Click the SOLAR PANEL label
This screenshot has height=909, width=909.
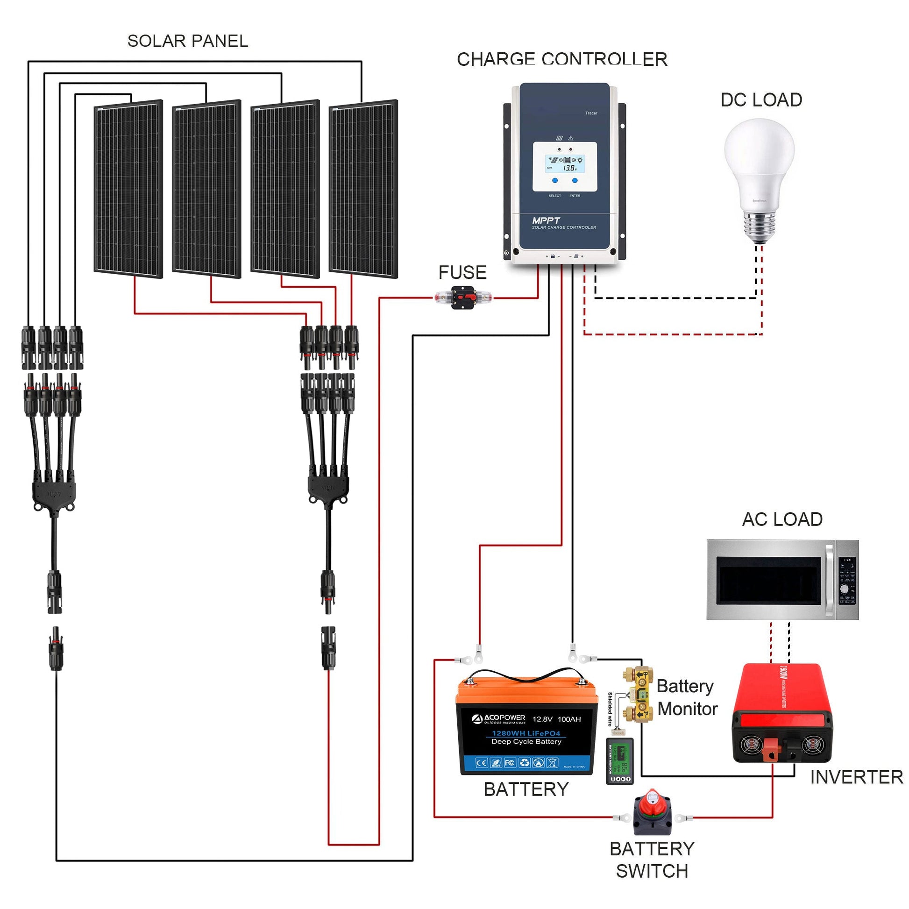tap(188, 42)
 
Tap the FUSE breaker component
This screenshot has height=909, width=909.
tap(463, 298)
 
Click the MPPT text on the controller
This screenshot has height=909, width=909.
tap(546, 220)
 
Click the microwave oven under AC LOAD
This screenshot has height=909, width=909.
tap(782, 580)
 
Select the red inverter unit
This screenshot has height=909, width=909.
tap(781, 713)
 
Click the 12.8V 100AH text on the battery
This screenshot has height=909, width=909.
tap(557, 719)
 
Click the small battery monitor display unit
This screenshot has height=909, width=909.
tap(620, 761)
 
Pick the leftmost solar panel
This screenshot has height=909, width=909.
tap(128, 189)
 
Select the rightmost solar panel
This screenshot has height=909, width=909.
tap(363, 189)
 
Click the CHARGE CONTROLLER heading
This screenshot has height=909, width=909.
tap(562, 60)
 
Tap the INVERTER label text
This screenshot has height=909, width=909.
tap(856, 777)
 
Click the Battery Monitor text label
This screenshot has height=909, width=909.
tap(687, 697)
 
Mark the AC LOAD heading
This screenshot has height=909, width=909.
tap(782, 519)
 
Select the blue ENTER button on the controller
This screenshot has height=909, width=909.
tap(575, 180)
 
